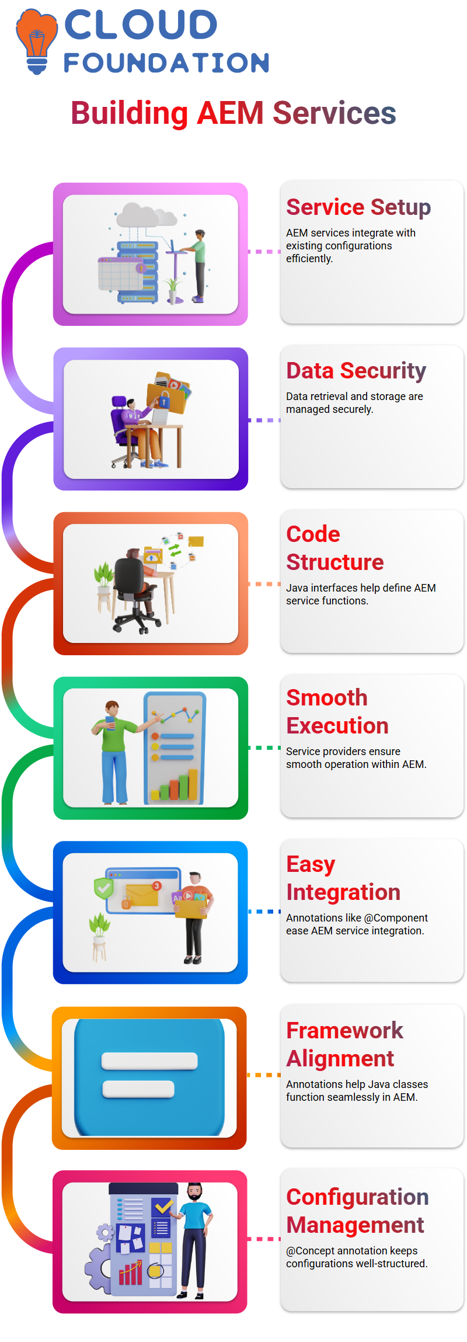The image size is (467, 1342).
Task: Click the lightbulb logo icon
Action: [37, 41]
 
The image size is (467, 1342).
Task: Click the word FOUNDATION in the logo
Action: [166, 63]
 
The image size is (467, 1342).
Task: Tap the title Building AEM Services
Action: [233, 113]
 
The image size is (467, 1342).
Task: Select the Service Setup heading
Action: [358, 207]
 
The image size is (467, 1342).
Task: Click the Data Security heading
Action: [356, 371]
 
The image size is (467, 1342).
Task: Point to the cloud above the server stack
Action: [146, 215]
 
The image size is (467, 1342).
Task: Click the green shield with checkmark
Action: [104, 888]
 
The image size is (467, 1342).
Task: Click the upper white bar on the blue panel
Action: [149, 1061]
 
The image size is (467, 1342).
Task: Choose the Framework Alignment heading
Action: [344, 1045]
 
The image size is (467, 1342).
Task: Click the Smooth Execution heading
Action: [337, 712]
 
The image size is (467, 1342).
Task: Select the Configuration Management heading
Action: [357, 1211]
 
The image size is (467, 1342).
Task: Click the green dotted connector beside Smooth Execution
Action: [264, 748]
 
